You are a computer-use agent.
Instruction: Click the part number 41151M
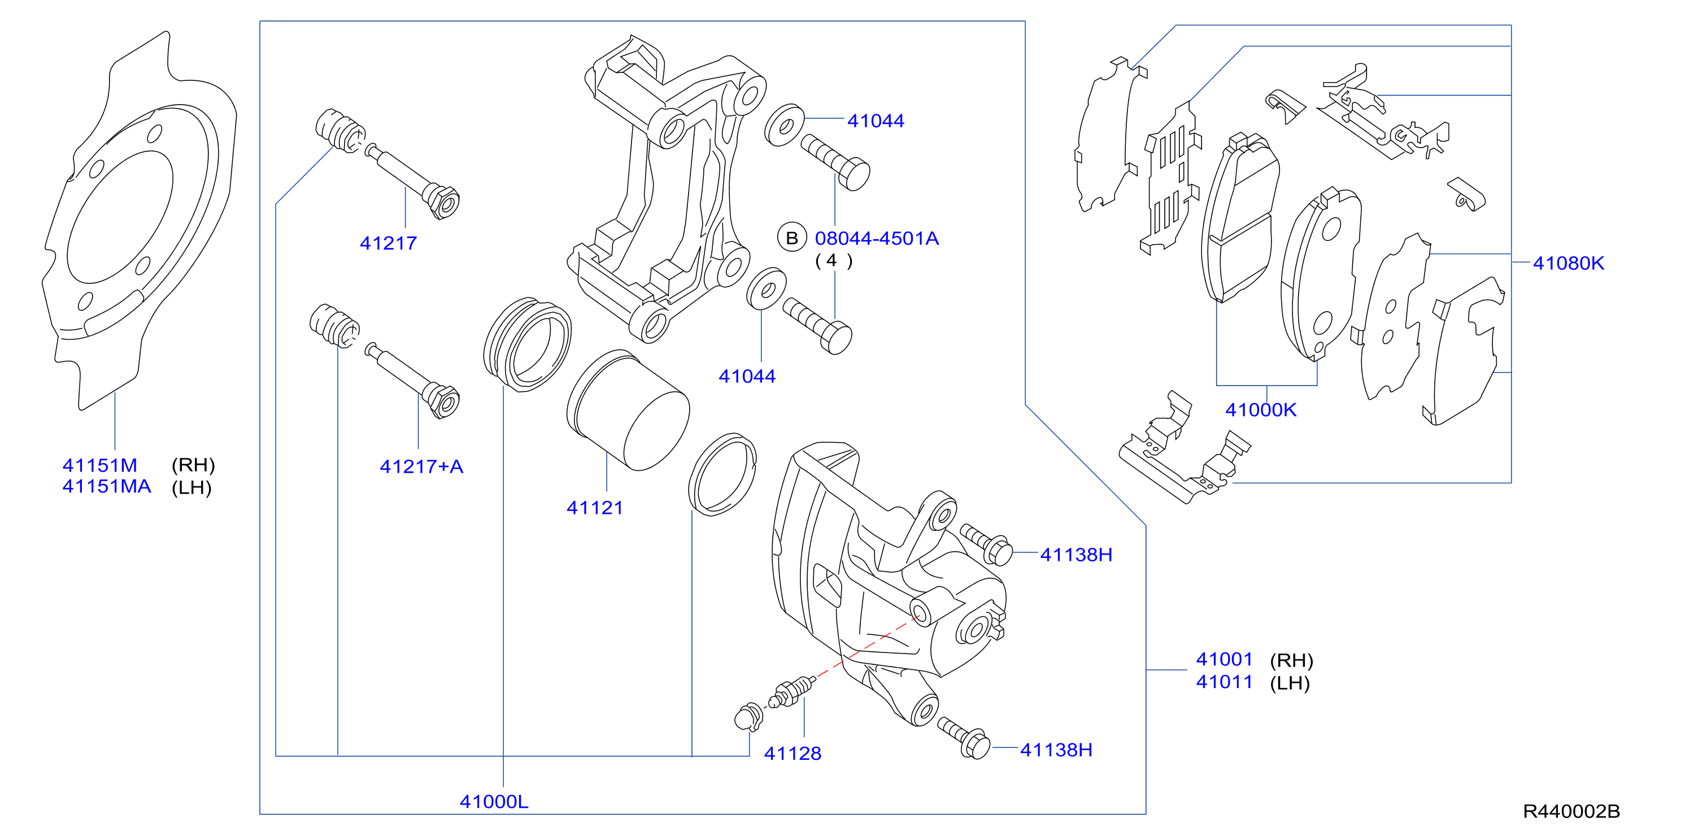(100, 465)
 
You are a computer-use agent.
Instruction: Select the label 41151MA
(107, 487)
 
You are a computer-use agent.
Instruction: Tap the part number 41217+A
(421, 466)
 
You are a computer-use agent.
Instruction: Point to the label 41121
(595, 508)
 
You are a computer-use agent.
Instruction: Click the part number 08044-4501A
(877, 238)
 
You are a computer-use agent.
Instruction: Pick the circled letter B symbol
(791, 238)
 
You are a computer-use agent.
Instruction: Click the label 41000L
(494, 802)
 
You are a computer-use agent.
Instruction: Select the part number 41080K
(1569, 263)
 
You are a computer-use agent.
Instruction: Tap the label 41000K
(1260, 410)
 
